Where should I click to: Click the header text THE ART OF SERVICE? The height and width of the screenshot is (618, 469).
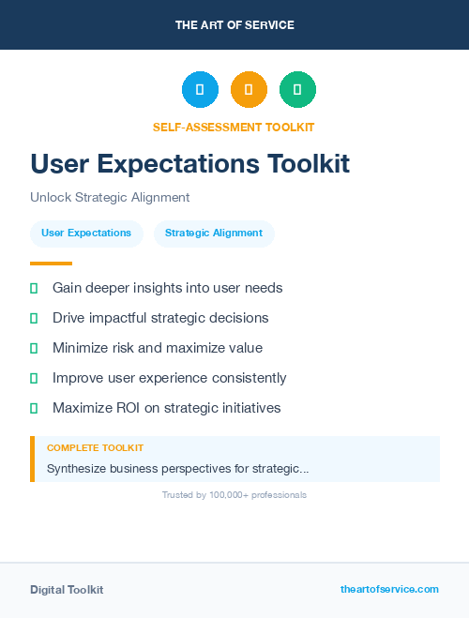click(x=234, y=25)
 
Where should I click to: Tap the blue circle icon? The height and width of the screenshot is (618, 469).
click(x=200, y=90)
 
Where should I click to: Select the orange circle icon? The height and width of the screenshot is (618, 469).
click(x=249, y=90)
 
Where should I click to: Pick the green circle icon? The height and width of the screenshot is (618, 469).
click(x=297, y=90)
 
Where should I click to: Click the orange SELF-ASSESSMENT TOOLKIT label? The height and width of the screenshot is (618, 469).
click(x=234, y=127)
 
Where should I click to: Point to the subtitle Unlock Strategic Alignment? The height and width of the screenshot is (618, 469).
click(x=110, y=198)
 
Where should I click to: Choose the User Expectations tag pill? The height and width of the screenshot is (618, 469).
click(x=86, y=234)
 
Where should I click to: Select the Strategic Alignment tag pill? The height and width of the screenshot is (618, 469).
click(x=214, y=234)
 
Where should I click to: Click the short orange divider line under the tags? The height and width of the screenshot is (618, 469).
click(x=51, y=264)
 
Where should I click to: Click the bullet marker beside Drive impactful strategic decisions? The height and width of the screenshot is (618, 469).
click(x=34, y=319)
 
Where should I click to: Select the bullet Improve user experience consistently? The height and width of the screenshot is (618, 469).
click(x=169, y=378)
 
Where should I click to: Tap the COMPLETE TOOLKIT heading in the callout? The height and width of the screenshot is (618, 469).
click(x=95, y=448)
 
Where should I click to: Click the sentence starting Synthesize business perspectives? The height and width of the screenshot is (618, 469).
click(x=178, y=468)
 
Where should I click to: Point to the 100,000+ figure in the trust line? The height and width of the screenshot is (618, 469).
click(x=220, y=495)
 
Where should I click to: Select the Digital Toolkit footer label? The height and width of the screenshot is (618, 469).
click(x=67, y=590)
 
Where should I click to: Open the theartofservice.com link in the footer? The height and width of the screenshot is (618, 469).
click(x=389, y=589)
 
